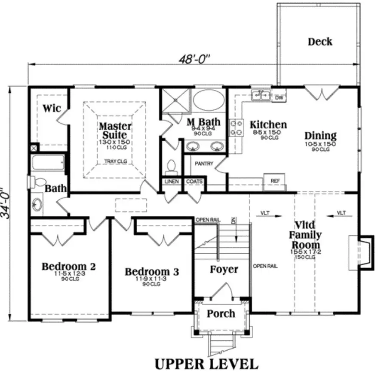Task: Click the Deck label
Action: click(x=320, y=42)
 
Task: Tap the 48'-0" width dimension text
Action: click(x=196, y=58)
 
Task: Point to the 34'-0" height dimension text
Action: click(x=8, y=203)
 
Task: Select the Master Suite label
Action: click(x=115, y=130)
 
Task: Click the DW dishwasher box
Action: click(x=279, y=98)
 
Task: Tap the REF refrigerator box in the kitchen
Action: click(x=274, y=181)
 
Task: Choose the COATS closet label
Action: click(x=194, y=182)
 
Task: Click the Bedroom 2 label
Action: click(x=68, y=267)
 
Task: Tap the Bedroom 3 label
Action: click(x=152, y=272)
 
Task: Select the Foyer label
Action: click(x=224, y=270)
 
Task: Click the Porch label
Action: click(x=221, y=313)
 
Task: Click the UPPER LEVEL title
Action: click(x=206, y=364)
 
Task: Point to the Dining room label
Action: click(x=320, y=136)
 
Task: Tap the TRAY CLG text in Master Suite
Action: click(x=115, y=162)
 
